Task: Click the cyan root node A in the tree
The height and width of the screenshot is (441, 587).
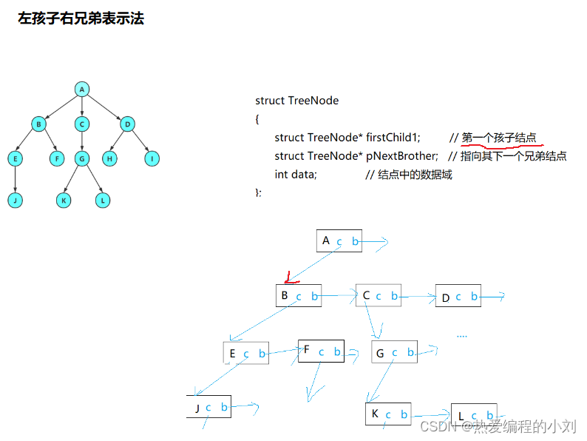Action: point(82,89)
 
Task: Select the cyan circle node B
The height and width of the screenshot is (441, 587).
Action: point(38,124)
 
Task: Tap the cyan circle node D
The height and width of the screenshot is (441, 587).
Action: point(126,124)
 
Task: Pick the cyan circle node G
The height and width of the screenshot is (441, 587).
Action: point(82,158)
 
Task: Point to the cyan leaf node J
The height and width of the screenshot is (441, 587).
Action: point(16,200)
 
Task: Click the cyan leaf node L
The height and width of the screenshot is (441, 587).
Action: point(104,200)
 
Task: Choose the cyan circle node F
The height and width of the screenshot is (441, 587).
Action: point(58,158)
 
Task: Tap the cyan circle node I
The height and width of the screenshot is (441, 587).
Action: point(152,158)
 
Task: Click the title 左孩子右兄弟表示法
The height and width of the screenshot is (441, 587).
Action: point(81,18)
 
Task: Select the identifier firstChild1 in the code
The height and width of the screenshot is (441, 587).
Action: point(393,138)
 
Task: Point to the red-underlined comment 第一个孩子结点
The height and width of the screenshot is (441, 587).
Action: point(500,138)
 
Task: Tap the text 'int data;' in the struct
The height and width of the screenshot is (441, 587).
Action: point(295,175)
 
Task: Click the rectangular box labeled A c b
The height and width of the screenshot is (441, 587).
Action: point(339,240)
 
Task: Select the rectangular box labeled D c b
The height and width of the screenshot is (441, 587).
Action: point(458,297)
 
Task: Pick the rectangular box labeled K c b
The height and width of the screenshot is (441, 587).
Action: point(388,414)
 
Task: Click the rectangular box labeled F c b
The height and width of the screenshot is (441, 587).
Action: point(321,351)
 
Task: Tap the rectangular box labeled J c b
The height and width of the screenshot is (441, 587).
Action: point(209,406)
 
